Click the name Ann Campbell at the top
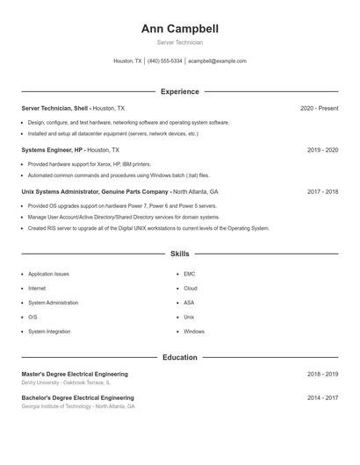pos(179,29)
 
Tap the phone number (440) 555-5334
pos(164,61)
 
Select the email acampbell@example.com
pos(217,61)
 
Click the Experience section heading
pos(179,91)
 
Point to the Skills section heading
pos(179,254)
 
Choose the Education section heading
pos(179,358)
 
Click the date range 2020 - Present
pos(319,108)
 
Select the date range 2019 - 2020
pos(322,150)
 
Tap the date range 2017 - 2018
pos(322,191)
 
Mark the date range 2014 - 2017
pos(322,397)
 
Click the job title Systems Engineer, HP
pos(53,150)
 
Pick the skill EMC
pos(189,274)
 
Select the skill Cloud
pos(190,288)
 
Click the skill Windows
pos(193,332)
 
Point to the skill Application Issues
pos(48,274)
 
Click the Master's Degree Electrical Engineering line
pos(75,374)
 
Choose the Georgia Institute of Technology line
pos(77,407)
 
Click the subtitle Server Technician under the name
pos(179,42)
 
